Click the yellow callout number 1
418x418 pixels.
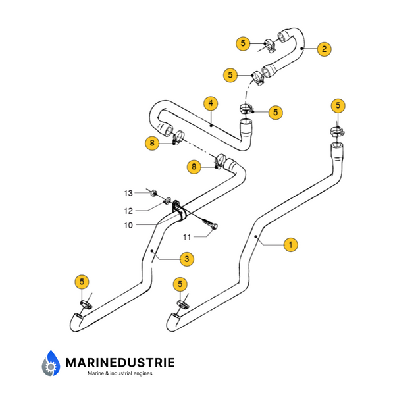[291, 244]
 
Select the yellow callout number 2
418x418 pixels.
[323, 48]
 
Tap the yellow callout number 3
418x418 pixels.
[187, 259]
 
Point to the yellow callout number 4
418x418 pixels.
[210, 103]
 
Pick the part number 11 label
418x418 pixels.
[186, 236]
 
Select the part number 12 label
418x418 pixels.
[128, 211]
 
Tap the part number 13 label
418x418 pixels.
[128, 193]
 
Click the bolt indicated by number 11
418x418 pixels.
[210, 226]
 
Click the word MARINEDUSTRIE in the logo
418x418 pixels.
[120, 362]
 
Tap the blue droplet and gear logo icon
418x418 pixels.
[51, 364]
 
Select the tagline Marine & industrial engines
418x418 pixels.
[120, 373]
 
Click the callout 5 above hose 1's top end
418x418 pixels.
[338, 105]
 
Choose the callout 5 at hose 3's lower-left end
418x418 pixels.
[82, 282]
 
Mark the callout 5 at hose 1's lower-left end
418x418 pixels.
[180, 284]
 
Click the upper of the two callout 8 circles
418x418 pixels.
[152, 142]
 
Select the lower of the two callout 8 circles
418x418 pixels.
[194, 167]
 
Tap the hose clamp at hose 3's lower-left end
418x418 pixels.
[87, 305]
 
